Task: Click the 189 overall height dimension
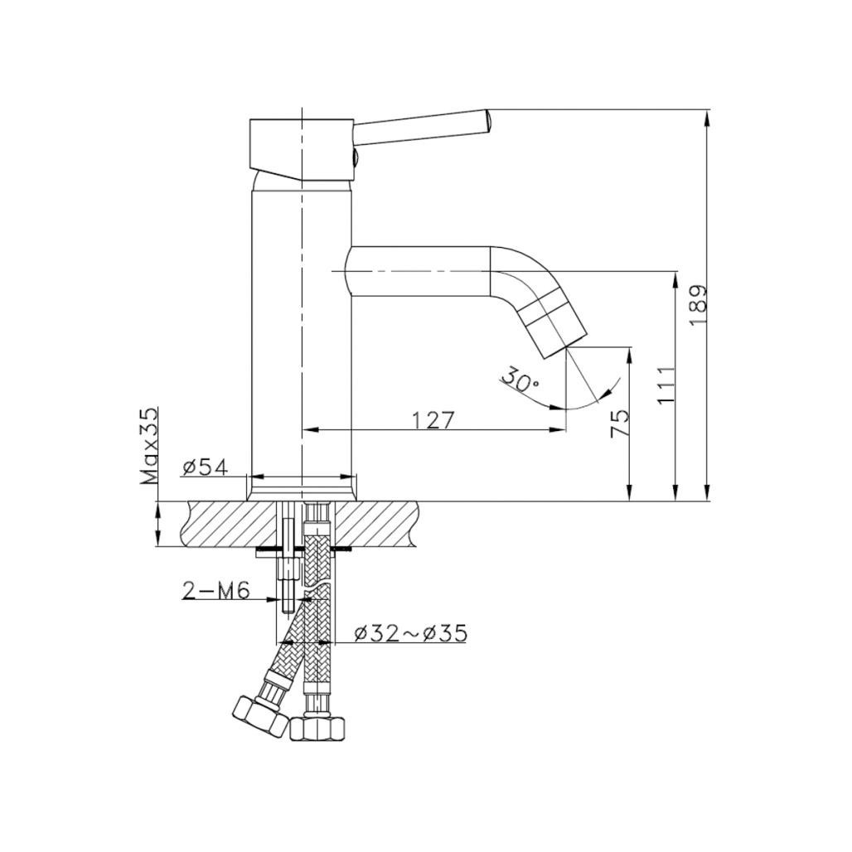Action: coord(697,304)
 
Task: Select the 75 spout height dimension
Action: coord(619,423)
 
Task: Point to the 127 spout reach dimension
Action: coord(433,420)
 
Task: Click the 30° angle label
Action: coord(519,380)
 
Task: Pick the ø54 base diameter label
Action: coord(205,467)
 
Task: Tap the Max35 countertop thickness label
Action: coord(149,445)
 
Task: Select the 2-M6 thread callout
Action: coord(216,590)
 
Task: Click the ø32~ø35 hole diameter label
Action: coord(410,633)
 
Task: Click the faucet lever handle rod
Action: coord(423,124)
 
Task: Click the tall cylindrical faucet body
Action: coord(302,332)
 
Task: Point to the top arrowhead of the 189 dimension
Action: coord(707,117)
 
